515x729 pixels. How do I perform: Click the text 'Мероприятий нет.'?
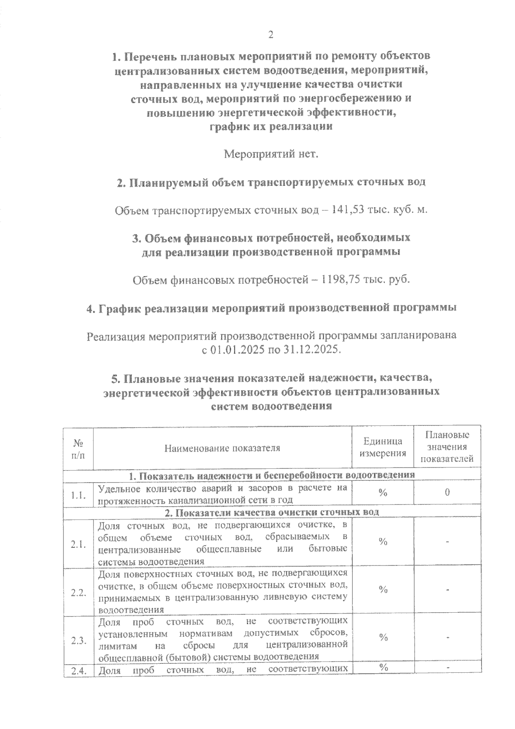click(x=272, y=154)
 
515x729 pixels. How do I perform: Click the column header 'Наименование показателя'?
click(x=222, y=448)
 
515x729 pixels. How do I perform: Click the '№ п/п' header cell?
click(x=78, y=448)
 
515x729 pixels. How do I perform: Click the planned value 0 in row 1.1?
click(x=447, y=492)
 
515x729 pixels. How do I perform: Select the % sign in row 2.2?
click(x=383, y=589)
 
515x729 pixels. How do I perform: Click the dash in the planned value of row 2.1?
click(x=447, y=542)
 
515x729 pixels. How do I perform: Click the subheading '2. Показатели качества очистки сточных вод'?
click(x=272, y=512)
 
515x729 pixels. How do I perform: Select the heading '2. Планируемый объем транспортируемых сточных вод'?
click(x=271, y=182)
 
